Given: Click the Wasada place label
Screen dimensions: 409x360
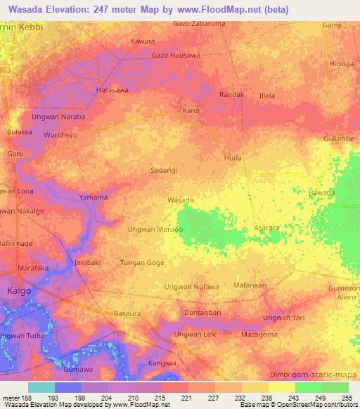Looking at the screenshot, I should [x=180, y=200].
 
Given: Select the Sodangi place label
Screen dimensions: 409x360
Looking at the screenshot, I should [x=164, y=170].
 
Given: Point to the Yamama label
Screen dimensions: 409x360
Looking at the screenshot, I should [x=93, y=197].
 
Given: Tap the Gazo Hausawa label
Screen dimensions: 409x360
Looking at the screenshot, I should [x=176, y=55].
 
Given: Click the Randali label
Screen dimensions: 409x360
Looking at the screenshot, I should [x=231, y=94].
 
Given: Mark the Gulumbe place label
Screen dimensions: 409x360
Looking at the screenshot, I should [x=338, y=138].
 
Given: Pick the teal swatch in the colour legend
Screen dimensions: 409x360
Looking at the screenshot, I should [x=41, y=387].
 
